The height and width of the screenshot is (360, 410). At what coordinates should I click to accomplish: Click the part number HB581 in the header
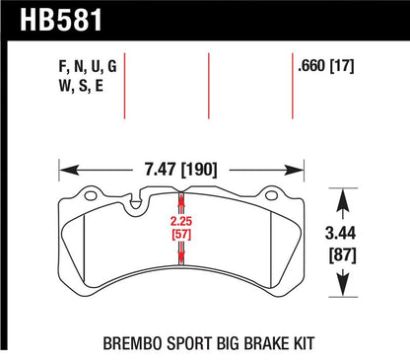click(61, 20)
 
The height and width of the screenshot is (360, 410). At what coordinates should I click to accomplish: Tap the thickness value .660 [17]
click(325, 66)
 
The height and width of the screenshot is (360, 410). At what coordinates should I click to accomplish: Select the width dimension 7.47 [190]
click(181, 170)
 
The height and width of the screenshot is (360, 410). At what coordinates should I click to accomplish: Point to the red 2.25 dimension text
click(180, 221)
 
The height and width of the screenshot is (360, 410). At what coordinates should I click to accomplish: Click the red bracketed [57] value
click(181, 235)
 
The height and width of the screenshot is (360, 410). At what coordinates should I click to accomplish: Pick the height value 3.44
click(341, 234)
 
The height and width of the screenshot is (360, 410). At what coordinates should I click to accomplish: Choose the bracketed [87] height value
click(343, 254)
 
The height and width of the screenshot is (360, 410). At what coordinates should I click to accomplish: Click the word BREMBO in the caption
click(132, 343)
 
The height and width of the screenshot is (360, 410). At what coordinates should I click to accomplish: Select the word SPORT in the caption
click(189, 343)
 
